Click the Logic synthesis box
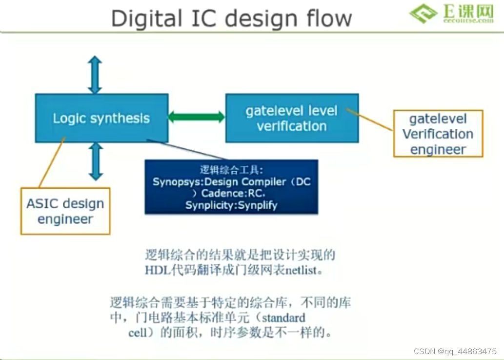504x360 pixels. click(x=101, y=118)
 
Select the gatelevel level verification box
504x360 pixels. click(x=292, y=118)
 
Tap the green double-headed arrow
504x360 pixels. click(x=197, y=117)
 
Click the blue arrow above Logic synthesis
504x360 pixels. click(x=95, y=75)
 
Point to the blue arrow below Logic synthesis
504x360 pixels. click(x=95, y=161)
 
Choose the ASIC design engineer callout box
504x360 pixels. click(x=65, y=211)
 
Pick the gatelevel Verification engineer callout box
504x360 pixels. click(x=438, y=134)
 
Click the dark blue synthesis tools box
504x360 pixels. click(x=231, y=187)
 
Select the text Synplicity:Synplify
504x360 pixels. click(x=231, y=205)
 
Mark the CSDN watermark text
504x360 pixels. click(x=455, y=351)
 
